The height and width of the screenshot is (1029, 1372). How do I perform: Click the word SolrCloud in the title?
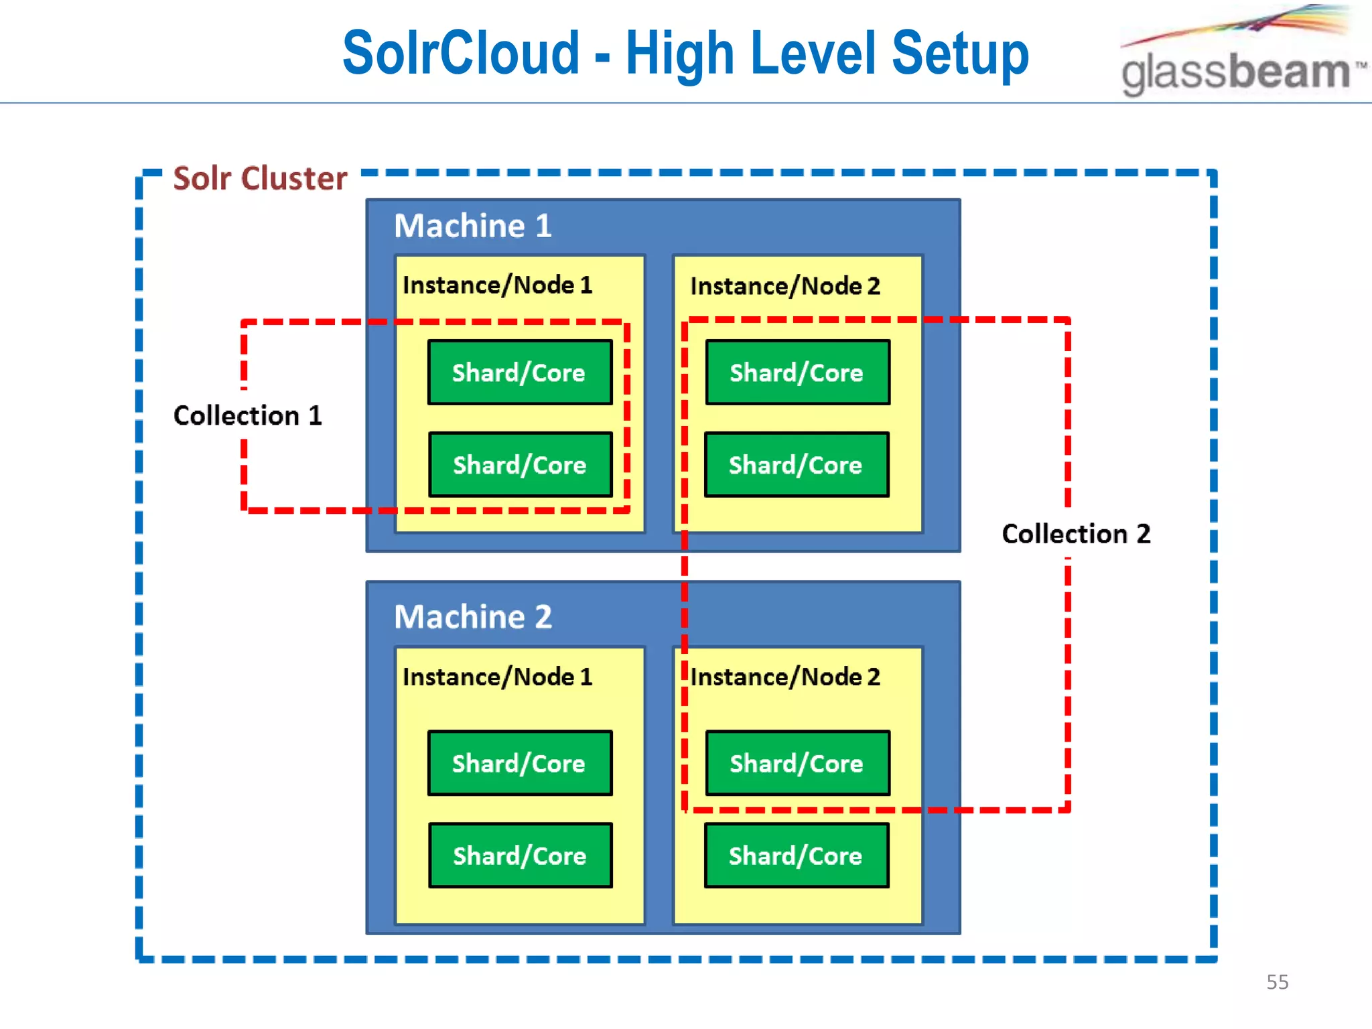(x=461, y=54)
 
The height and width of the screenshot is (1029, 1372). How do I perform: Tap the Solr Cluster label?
(x=260, y=178)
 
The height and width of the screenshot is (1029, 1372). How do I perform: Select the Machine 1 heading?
(x=472, y=226)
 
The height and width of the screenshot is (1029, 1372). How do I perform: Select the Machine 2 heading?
(x=472, y=616)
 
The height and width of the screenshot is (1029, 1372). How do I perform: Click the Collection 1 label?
(x=247, y=415)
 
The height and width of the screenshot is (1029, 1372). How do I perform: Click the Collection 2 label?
(x=1076, y=534)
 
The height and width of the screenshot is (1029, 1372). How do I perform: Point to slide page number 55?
(x=1277, y=982)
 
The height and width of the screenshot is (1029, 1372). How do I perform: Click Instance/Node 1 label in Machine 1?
(x=497, y=285)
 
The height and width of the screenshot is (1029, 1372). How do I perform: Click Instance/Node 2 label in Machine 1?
(x=784, y=286)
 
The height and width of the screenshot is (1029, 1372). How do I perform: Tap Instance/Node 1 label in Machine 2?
(x=497, y=677)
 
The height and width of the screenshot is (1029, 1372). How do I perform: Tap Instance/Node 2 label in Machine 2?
(x=784, y=677)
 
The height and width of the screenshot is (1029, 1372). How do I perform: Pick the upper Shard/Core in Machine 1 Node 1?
(x=520, y=372)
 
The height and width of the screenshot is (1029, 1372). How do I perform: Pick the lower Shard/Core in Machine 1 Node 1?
(x=520, y=464)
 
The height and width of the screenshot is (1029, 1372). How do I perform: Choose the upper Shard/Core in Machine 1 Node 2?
(x=797, y=372)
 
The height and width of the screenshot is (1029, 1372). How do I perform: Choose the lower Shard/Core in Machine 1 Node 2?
(x=796, y=464)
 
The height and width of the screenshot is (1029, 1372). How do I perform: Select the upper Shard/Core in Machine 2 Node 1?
(x=520, y=763)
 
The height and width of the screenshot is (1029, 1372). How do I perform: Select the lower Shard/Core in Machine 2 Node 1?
(x=520, y=855)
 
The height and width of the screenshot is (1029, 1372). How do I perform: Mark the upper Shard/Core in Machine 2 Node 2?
(x=797, y=763)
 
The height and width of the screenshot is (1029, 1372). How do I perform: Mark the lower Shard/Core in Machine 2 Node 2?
(x=796, y=855)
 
